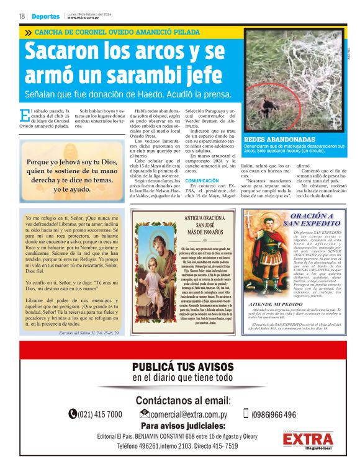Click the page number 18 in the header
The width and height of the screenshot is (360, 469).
[22, 16]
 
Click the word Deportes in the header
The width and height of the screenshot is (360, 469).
[46, 16]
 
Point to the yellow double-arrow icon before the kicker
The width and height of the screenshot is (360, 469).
[27, 32]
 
